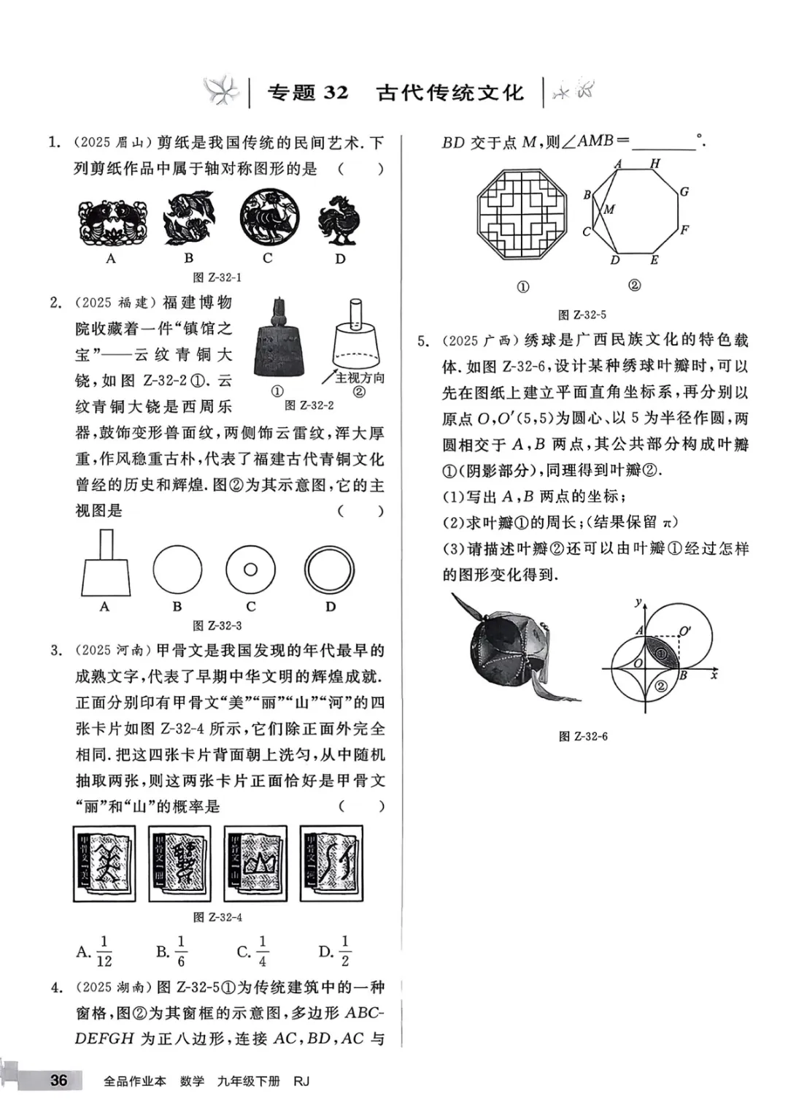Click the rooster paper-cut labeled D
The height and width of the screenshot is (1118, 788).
click(339, 219)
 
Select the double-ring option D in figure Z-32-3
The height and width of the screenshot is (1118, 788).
click(330, 570)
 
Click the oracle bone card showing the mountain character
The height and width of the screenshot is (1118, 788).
click(255, 864)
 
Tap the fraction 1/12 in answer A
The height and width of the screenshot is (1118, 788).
click(104, 952)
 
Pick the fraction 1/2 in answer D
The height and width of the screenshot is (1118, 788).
click(345, 952)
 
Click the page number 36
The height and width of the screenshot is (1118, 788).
click(58, 1080)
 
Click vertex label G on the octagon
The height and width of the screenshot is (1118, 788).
click(684, 192)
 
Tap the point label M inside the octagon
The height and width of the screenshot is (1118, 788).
click(609, 210)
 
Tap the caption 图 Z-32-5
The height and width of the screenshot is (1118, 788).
click(582, 315)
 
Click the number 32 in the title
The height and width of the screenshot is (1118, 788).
click(336, 93)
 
